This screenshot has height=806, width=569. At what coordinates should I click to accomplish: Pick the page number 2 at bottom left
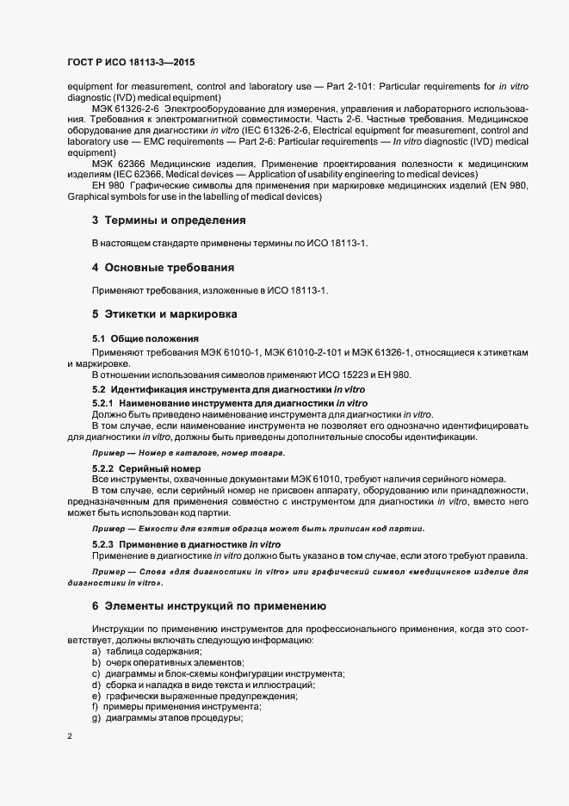(x=69, y=736)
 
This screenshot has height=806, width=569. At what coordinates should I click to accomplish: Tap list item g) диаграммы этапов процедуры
(x=167, y=718)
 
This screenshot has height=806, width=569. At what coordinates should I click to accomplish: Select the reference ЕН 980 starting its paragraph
(x=107, y=185)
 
